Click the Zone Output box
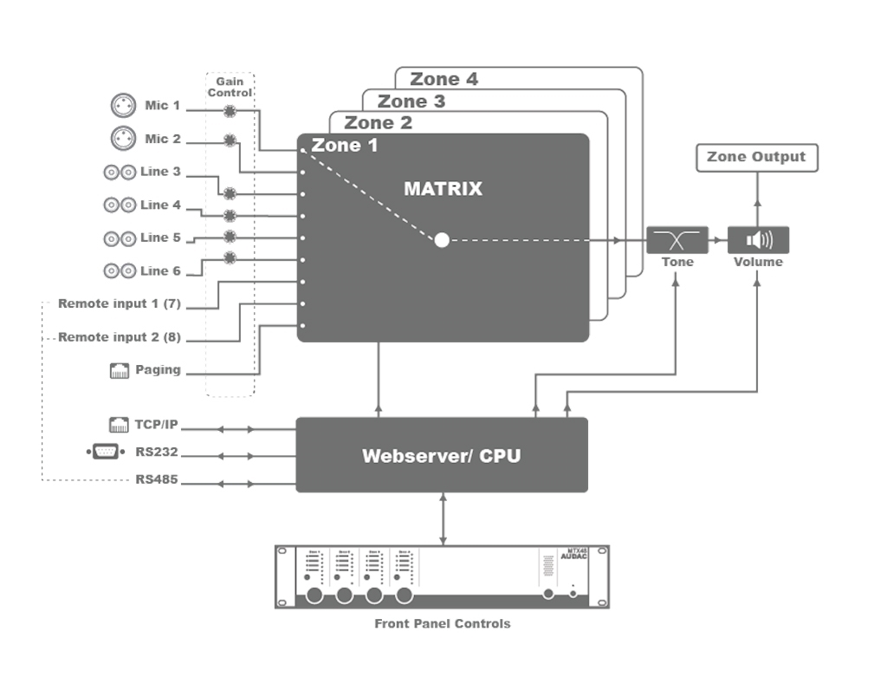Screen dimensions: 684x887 pyautogui.click(x=756, y=157)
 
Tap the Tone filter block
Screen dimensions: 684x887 pyautogui.click(x=677, y=239)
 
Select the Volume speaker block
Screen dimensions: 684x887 pyautogui.click(x=758, y=239)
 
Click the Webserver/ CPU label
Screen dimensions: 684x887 pyautogui.click(x=441, y=455)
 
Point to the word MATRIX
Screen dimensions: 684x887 pyautogui.click(x=443, y=188)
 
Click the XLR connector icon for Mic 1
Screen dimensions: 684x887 pyautogui.click(x=124, y=106)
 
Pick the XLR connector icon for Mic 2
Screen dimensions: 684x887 pyautogui.click(x=124, y=139)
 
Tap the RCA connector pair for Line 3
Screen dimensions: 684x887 pyautogui.click(x=119, y=173)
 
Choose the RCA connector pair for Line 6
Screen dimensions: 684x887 pyautogui.click(x=119, y=271)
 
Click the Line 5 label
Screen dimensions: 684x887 pyautogui.click(x=160, y=238)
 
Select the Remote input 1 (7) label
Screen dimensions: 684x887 pyautogui.click(x=119, y=304)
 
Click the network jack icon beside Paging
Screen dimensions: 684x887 pyautogui.click(x=120, y=371)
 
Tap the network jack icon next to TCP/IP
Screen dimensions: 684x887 pyautogui.click(x=120, y=425)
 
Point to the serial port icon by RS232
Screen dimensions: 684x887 pyautogui.click(x=106, y=452)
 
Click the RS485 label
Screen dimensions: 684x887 pyautogui.click(x=157, y=479)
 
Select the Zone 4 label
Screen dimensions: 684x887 pyautogui.click(x=443, y=79)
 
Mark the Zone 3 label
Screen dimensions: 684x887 pyautogui.click(x=411, y=101)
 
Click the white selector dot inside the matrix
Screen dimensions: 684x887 pyautogui.click(x=442, y=240)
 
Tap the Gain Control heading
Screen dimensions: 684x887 pyautogui.click(x=230, y=87)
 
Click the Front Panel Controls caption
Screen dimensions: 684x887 pyautogui.click(x=442, y=623)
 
